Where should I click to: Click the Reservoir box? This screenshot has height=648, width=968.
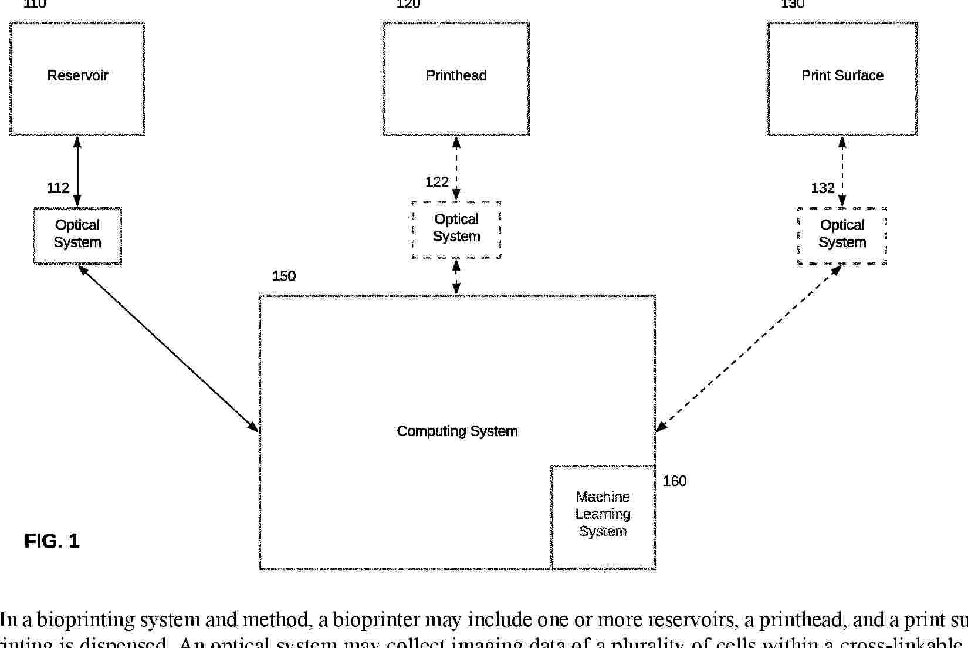click(x=77, y=79)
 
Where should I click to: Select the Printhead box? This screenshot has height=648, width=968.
click(x=456, y=79)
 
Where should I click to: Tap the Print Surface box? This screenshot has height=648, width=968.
click(x=842, y=79)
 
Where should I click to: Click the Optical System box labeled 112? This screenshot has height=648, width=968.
click(x=77, y=235)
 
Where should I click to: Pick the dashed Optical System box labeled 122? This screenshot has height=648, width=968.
click(x=456, y=230)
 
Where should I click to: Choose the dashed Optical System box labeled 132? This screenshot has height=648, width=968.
click(x=842, y=235)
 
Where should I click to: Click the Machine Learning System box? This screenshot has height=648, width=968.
click(x=603, y=516)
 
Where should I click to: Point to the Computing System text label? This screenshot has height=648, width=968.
click(x=457, y=431)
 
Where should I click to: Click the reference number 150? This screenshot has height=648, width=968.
click(x=284, y=276)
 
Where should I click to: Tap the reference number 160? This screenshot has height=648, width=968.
click(x=675, y=481)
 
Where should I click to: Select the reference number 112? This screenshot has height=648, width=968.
click(x=58, y=188)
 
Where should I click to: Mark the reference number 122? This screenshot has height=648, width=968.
click(x=437, y=183)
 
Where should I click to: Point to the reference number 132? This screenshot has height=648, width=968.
click(x=823, y=188)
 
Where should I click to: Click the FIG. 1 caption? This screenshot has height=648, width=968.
click(x=52, y=541)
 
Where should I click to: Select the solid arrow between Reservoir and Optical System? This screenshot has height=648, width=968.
click(x=77, y=171)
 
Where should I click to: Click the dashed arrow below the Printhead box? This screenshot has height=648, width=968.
click(x=456, y=168)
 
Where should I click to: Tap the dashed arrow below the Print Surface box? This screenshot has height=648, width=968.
click(x=842, y=171)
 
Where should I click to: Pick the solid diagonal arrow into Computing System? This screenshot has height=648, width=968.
click(x=168, y=348)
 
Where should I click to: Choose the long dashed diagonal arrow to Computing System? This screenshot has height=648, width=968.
click(x=749, y=348)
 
